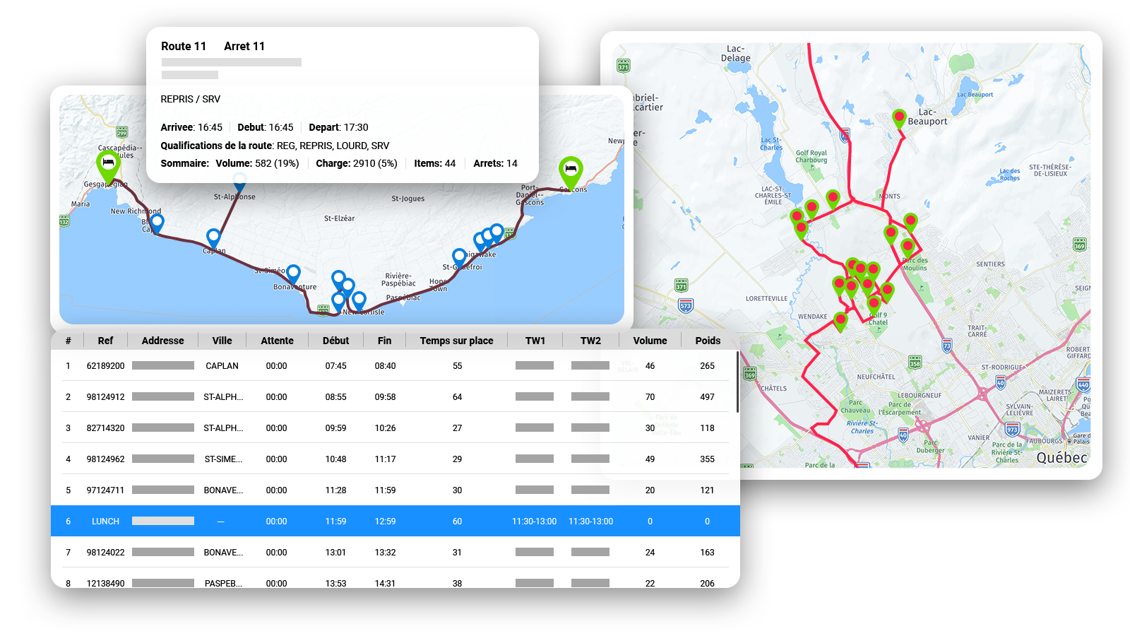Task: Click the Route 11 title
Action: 184,47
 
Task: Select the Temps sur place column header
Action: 456,341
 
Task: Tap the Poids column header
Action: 707,341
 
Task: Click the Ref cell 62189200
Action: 105,366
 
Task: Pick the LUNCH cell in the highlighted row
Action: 105,522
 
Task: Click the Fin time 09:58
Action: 385,397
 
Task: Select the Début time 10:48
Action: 335,459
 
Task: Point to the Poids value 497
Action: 707,397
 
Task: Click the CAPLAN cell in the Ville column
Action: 222,366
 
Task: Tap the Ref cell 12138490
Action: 105,583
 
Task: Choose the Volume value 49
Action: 650,459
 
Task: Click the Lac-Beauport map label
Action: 927,117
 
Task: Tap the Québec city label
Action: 1061,458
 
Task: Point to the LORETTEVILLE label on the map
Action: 766,299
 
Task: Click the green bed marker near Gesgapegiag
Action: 108,164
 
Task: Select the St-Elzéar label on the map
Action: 339,218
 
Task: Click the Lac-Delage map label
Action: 735,54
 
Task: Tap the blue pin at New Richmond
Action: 157,223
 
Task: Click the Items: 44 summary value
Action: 434,164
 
